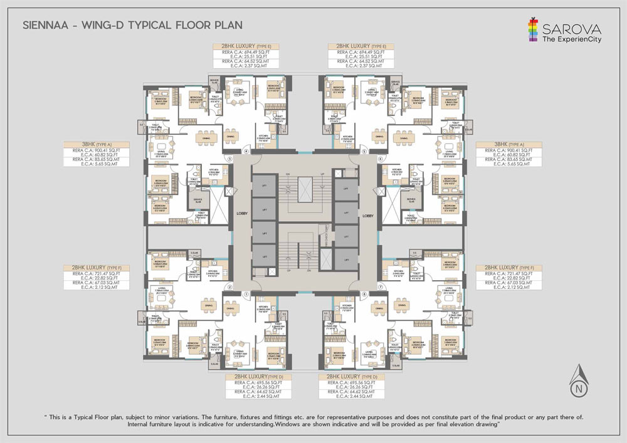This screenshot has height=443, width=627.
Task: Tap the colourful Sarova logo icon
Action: pyautogui.click(x=533, y=29)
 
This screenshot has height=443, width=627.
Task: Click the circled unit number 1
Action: pyautogui.click(x=246, y=293)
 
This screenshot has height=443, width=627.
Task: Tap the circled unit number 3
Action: pyautogui.click(x=230, y=159)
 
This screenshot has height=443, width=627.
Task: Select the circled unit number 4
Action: pyautogui.click(x=246, y=151)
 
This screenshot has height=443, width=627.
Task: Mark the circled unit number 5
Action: pyautogui.click(x=364, y=151)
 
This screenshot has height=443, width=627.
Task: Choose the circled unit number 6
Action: pyautogui.click(x=380, y=159)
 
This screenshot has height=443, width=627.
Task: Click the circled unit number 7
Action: pyautogui.click(x=380, y=287)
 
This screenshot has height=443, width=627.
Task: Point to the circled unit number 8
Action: pyautogui.click(x=364, y=293)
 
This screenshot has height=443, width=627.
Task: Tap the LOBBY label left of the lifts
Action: pyautogui.click(x=242, y=214)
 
